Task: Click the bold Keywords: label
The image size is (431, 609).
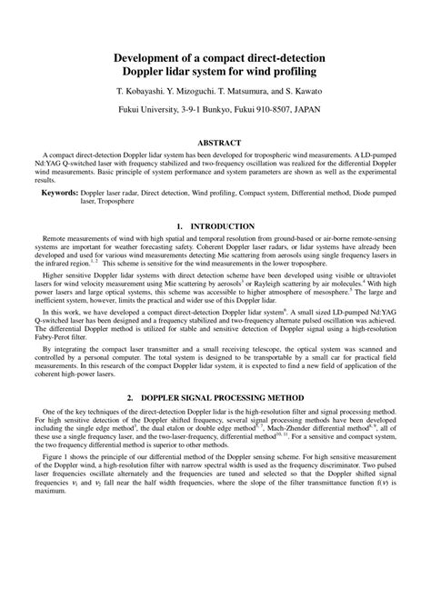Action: (x=58, y=194)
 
